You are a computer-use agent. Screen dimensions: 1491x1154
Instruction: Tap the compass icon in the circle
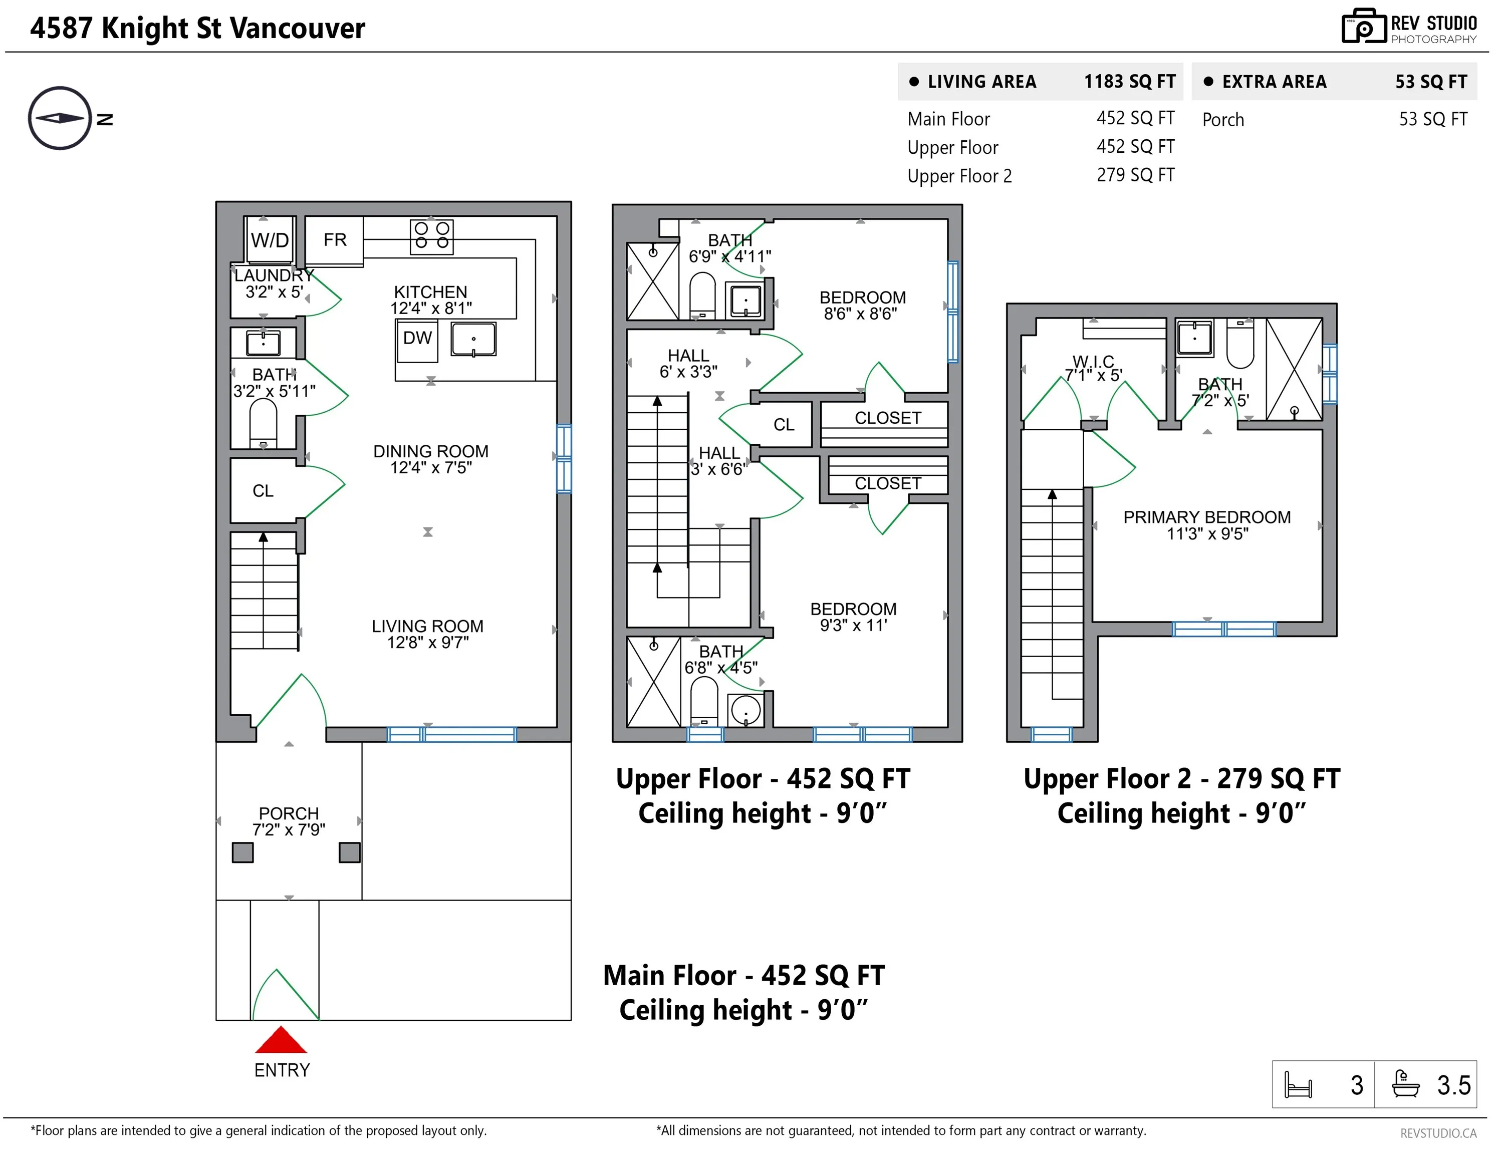point(60,118)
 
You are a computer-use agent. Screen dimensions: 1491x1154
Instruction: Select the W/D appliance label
point(270,240)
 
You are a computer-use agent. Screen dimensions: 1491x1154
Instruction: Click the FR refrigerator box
point(335,241)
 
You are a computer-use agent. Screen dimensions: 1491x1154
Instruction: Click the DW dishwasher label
point(417,338)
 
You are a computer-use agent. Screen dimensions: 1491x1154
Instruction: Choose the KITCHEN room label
point(431,292)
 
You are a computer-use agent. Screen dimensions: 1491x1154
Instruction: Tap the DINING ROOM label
point(431,451)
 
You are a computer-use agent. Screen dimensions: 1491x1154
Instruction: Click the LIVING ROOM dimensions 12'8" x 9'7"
point(428,643)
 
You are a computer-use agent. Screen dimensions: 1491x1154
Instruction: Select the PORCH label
point(289,813)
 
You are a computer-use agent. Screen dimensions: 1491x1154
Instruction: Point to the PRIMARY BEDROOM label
point(1207,517)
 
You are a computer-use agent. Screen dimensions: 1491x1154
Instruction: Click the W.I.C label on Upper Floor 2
point(1093,361)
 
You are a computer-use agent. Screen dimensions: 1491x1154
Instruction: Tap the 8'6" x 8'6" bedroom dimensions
point(860,314)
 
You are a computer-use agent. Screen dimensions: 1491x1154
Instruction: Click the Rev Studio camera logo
point(1363,26)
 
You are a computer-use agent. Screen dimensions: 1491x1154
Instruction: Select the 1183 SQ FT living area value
point(1130,82)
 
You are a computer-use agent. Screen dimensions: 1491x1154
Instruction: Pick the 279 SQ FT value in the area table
point(1135,175)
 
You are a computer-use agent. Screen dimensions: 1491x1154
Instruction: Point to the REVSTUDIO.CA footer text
point(1438,1133)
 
